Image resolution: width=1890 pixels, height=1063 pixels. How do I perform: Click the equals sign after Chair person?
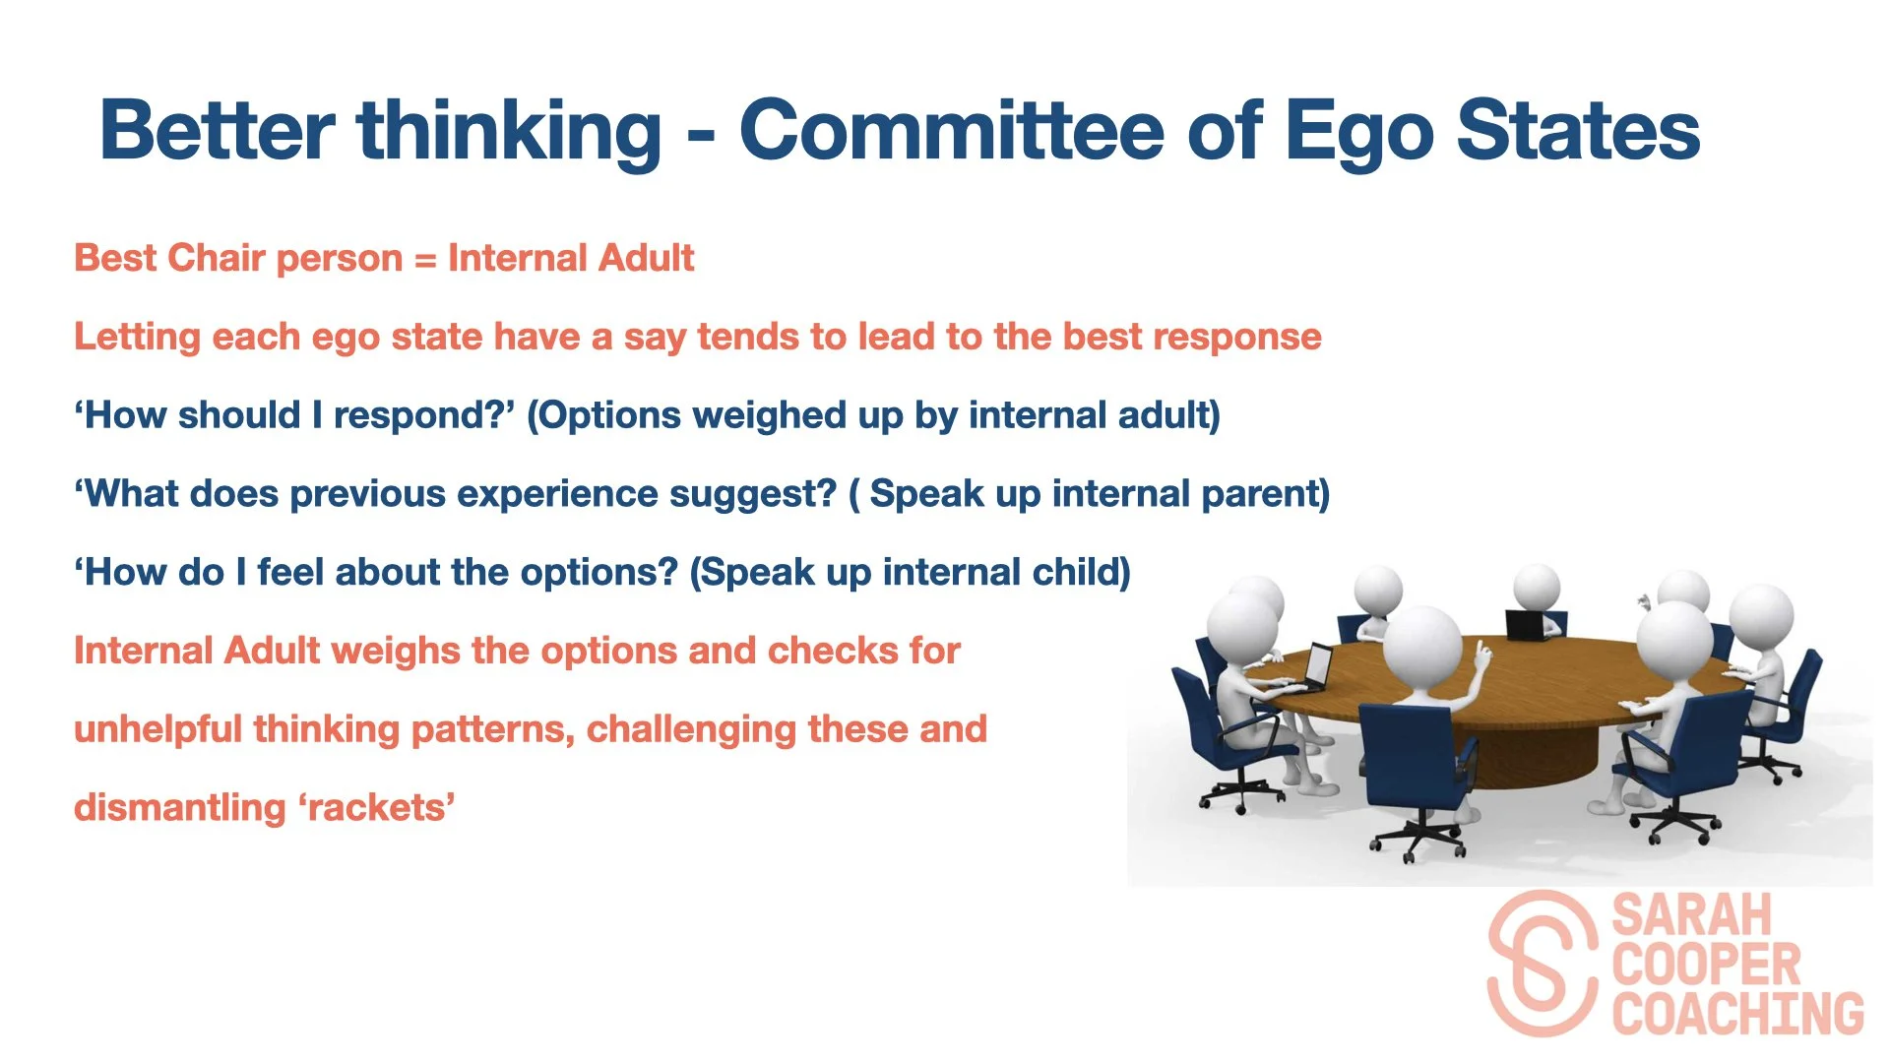click(424, 260)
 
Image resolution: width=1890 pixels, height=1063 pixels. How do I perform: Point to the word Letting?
click(137, 338)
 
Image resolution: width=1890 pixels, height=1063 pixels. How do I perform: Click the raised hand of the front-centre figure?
click(1480, 651)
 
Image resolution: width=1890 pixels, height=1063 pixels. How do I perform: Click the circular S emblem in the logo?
click(1543, 964)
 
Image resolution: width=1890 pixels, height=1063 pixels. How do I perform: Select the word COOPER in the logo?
click(1706, 965)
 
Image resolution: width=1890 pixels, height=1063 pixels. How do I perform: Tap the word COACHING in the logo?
click(1738, 1014)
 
